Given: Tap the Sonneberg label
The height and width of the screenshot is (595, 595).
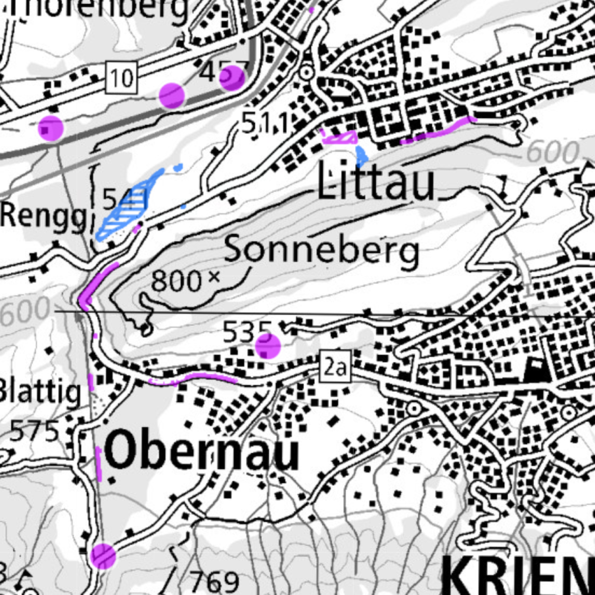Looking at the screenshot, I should (x=321, y=250).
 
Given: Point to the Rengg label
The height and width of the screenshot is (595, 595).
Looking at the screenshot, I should (x=43, y=217).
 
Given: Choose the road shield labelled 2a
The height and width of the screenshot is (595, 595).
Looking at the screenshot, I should (x=335, y=367).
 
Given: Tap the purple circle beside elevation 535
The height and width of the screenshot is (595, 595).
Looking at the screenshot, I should (x=268, y=346).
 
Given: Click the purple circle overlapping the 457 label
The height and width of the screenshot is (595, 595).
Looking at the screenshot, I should (x=232, y=78).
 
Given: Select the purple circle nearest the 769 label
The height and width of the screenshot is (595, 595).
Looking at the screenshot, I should (x=103, y=555).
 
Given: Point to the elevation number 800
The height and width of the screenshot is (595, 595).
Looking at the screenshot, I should (x=176, y=281).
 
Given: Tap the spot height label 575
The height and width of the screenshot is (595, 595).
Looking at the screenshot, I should (x=35, y=431).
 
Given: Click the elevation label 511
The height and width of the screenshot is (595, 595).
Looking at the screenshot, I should (x=265, y=124).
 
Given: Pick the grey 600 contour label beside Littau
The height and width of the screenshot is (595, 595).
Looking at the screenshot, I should (x=552, y=152).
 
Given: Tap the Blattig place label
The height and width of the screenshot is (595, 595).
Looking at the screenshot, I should (x=40, y=392).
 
